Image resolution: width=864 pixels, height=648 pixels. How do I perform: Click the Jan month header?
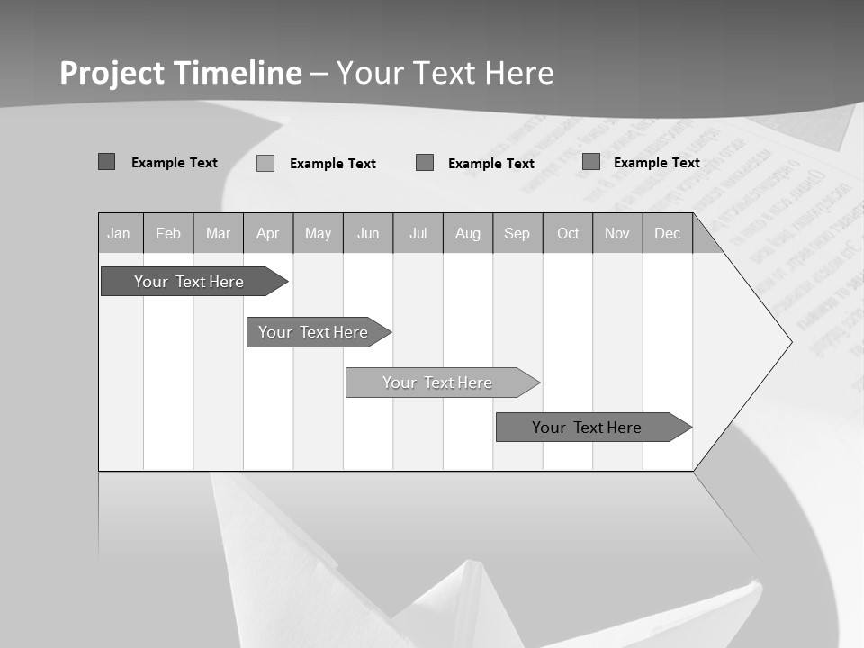click(x=119, y=234)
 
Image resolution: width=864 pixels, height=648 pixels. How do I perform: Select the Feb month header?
click(x=168, y=234)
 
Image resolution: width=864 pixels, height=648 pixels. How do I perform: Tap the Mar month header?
click(x=218, y=234)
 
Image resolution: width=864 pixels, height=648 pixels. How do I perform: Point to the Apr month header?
click(x=267, y=234)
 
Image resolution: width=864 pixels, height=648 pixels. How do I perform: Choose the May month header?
click(x=318, y=234)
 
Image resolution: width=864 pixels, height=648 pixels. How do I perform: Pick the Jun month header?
click(x=368, y=234)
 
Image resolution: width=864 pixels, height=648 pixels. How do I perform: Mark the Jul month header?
click(x=418, y=234)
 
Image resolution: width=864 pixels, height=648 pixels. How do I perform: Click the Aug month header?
click(x=468, y=234)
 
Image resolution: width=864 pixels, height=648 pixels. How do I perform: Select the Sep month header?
click(x=517, y=234)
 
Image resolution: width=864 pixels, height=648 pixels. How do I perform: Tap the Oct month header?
click(x=568, y=234)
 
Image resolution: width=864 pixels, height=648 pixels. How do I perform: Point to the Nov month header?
click(x=617, y=234)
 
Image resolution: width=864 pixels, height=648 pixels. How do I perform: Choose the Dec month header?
click(x=667, y=234)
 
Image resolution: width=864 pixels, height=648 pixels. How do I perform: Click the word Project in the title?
click(x=113, y=73)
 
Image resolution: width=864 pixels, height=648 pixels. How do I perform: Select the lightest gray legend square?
click(x=265, y=164)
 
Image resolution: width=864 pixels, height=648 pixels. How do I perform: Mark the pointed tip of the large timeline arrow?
click(x=789, y=342)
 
